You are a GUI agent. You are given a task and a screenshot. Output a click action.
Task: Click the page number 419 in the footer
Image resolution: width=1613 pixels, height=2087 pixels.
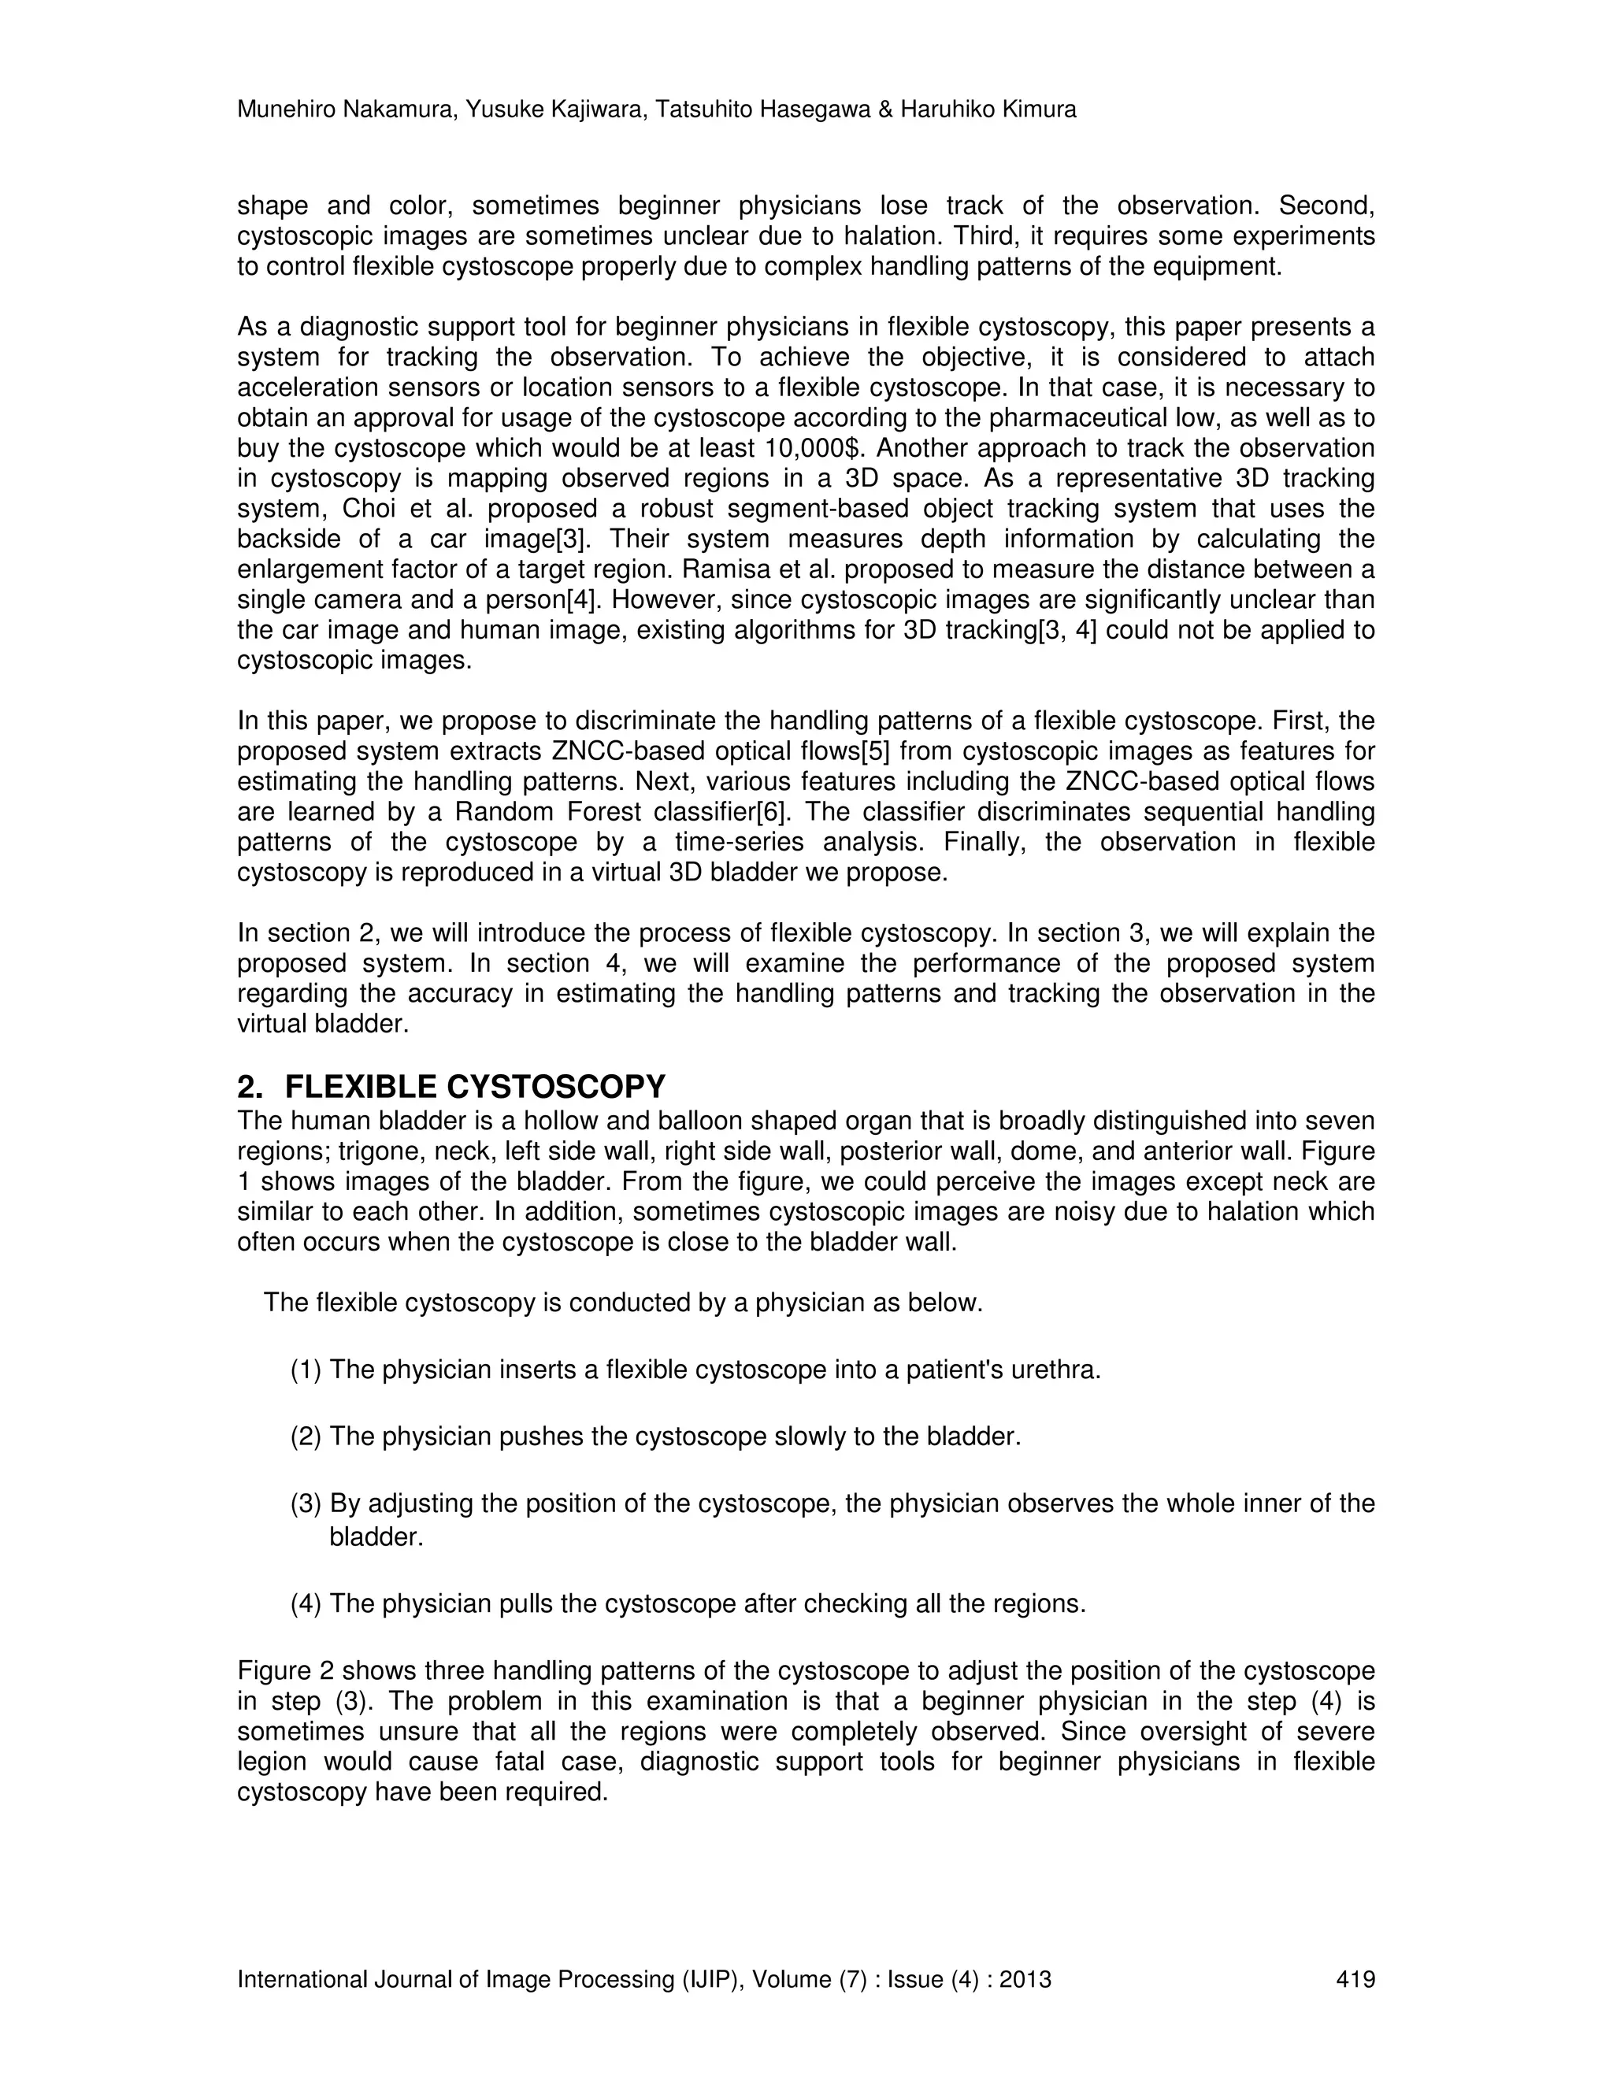pyautogui.click(x=1355, y=1979)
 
